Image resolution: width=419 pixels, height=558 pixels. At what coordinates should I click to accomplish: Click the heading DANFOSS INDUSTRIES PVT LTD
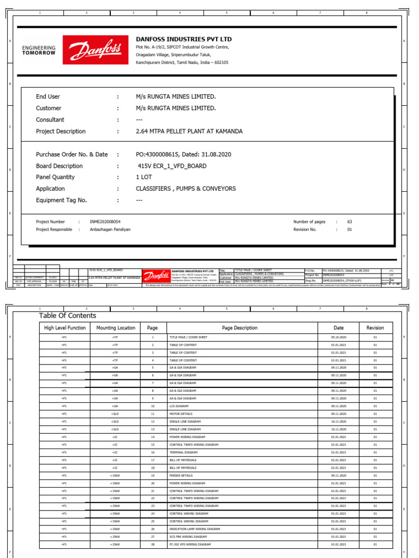click(x=183, y=39)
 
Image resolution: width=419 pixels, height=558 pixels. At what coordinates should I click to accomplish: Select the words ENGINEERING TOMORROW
click(x=39, y=51)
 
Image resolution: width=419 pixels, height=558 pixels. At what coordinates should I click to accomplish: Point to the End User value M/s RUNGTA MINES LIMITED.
click(x=176, y=96)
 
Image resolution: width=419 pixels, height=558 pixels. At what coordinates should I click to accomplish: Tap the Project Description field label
click(x=61, y=131)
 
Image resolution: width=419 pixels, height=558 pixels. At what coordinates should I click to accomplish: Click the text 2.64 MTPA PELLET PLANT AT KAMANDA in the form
click(x=189, y=131)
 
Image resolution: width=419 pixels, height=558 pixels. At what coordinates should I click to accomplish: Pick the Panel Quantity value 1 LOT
click(x=144, y=177)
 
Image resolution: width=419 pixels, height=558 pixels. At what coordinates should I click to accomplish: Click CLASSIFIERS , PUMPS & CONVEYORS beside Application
click(x=185, y=189)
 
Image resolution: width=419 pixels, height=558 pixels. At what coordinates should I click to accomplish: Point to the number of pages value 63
click(x=350, y=222)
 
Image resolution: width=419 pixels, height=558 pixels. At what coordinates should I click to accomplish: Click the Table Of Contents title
click(x=67, y=316)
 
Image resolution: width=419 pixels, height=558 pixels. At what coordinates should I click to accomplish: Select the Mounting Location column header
click(x=115, y=328)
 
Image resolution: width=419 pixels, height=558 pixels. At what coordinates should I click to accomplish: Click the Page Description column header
click(x=240, y=328)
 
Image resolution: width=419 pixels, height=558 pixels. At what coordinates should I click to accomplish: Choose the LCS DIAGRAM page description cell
click(x=179, y=406)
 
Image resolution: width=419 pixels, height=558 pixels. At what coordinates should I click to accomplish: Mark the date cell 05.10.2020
click(x=338, y=337)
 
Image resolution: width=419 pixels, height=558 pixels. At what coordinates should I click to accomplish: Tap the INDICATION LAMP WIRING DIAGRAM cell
click(x=195, y=529)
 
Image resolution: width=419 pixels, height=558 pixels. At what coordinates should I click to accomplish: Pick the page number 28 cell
click(x=153, y=544)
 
